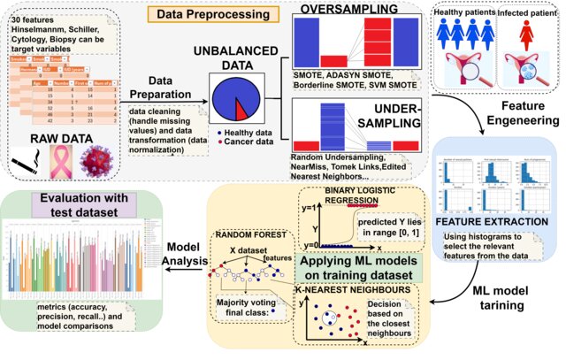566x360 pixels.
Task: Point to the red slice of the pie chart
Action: tap(241, 110)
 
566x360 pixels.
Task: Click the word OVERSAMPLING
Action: tap(342, 8)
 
